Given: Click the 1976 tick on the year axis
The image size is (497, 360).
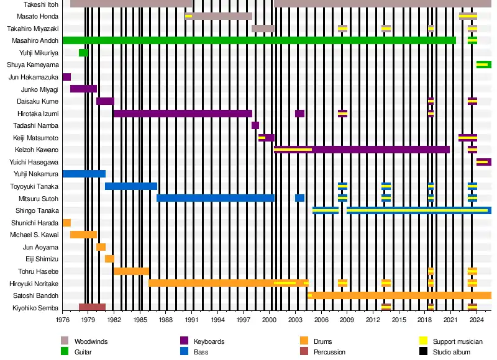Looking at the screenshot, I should point(63,320).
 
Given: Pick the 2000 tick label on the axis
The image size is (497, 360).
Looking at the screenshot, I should point(270,320).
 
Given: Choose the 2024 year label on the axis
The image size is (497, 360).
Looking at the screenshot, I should point(476,320).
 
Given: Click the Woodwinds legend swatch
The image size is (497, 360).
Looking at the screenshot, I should point(65,341).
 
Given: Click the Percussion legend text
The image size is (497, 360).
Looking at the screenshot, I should point(331,352).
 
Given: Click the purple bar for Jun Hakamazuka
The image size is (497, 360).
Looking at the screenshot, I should point(66,77).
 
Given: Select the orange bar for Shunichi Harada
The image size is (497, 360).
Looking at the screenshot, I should point(66,223).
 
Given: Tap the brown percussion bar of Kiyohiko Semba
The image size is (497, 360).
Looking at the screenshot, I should point(92,307).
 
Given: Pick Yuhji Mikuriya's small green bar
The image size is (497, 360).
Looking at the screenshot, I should point(83,53).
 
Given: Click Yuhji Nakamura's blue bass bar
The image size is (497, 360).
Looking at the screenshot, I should point(84,174).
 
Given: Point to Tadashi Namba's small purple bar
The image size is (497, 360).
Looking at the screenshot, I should point(255,125).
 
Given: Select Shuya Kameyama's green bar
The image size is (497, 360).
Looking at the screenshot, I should point(484,65).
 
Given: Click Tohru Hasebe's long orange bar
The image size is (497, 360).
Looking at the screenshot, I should point(131,271).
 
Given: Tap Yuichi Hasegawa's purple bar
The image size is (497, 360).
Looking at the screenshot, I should point(484,162).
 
